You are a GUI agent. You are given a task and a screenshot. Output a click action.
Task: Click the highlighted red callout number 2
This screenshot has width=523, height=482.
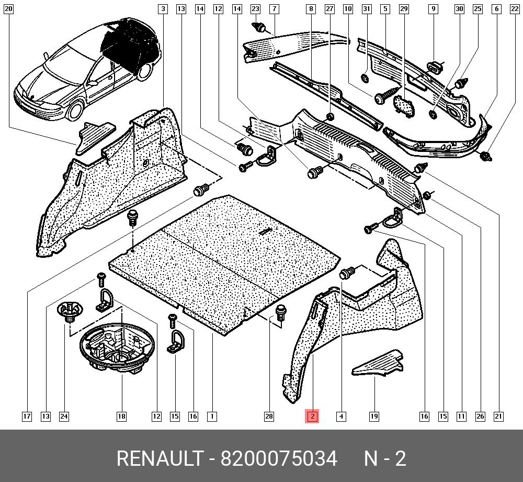(x=312, y=416)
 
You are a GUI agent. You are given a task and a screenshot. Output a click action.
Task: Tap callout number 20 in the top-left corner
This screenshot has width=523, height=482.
(x=8, y=9)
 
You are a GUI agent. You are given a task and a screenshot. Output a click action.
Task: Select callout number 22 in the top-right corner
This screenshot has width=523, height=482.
(x=515, y=9)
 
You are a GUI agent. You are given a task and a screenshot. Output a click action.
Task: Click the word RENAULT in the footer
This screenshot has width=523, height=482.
(x=160, y=458)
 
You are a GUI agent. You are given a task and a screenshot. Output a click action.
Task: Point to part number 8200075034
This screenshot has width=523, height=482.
(x=279, y=458)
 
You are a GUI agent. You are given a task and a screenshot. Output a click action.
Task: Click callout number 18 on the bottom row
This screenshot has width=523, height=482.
(x=121, y=417)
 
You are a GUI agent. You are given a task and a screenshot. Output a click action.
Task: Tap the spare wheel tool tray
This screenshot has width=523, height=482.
(x=117, y=347)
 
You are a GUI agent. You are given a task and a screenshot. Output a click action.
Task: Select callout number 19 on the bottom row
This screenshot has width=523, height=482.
(x=374, y=417)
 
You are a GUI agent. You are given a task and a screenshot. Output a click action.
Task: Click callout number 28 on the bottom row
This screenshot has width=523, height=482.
(x=269, y=417)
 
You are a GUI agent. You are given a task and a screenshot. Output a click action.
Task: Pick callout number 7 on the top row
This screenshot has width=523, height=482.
(x=274, y=9)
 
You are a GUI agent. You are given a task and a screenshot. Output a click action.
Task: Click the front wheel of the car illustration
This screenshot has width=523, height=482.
(x=74, y=109)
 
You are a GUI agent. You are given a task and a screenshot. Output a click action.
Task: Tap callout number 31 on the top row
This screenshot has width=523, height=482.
(x=367, y=9)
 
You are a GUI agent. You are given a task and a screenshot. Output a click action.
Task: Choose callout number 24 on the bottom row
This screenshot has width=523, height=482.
(x=64, y=417)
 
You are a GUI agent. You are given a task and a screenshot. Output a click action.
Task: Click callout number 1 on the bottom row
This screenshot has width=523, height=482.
(x=212, y=417)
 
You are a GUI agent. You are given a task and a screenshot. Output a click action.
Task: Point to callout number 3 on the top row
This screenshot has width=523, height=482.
(x=163, y=9)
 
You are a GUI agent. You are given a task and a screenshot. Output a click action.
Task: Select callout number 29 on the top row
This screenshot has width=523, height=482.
(x=404, y=9)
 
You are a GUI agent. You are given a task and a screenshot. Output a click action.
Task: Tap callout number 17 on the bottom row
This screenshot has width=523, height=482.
(x=27, y=417)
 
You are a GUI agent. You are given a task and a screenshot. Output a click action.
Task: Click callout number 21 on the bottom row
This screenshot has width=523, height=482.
(x=498, y=417)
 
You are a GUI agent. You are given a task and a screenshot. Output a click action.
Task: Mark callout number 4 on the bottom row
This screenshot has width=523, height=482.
(x=341, y=417)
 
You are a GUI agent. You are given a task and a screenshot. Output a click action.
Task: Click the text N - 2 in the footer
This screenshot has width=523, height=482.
(x=385, y=458)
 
